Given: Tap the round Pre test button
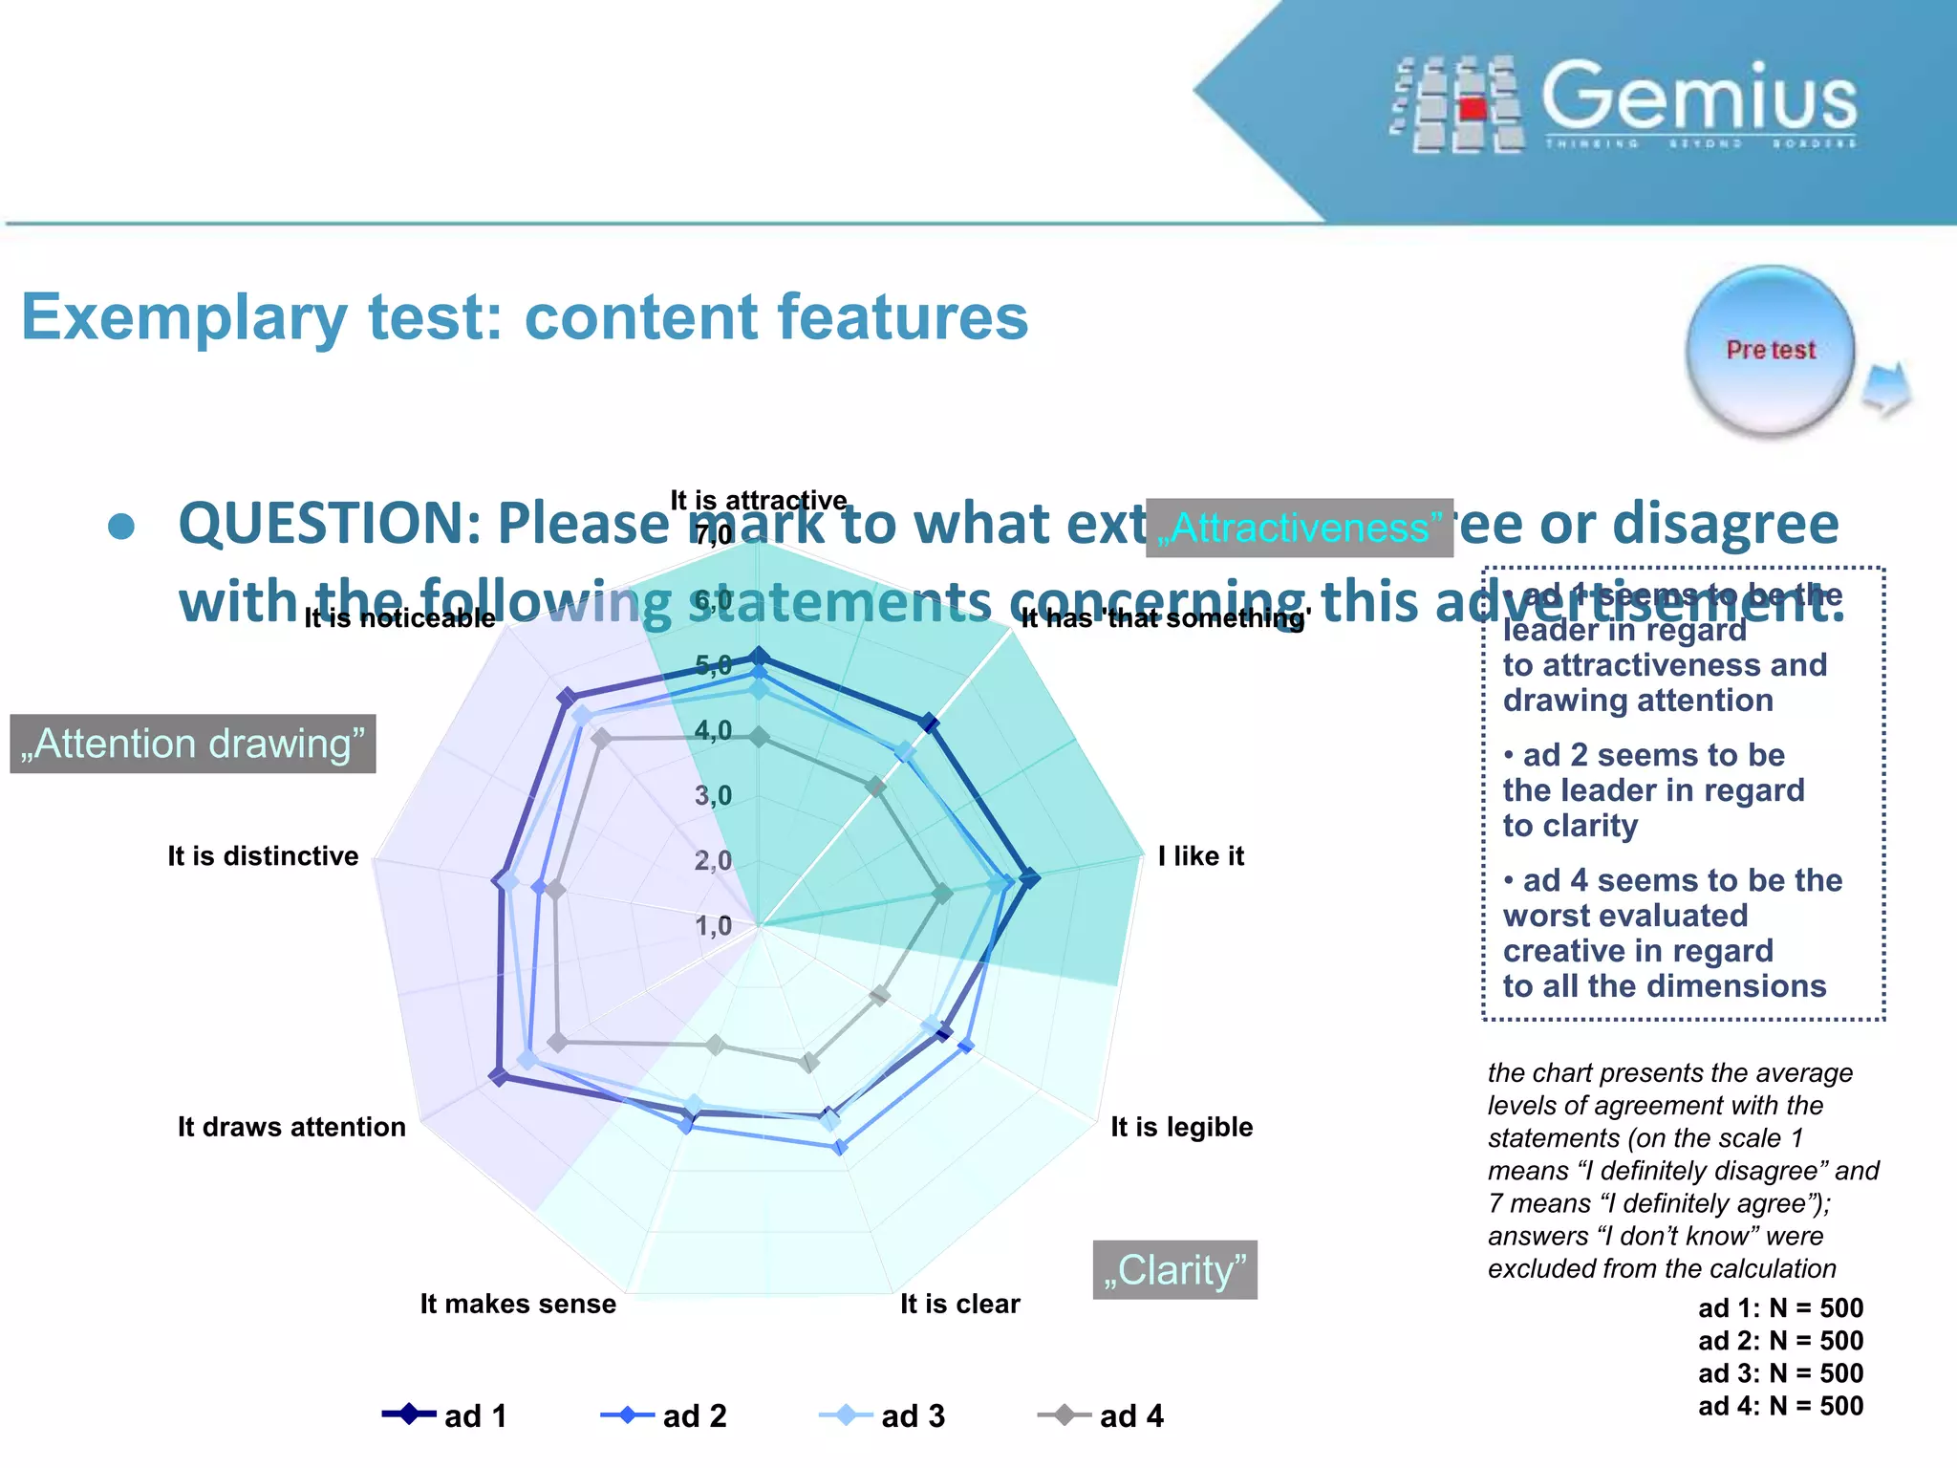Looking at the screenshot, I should pos(1770,351).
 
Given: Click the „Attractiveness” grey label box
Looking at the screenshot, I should pos(1299,528).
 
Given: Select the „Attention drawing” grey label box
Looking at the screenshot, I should pos(193,744).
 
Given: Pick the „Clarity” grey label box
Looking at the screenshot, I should pos(1174,1270).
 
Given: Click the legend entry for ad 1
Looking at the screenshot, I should pos(445,1415).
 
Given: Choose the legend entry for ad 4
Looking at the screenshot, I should pos(1102,1415).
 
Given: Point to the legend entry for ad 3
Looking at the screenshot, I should pos(883,1415).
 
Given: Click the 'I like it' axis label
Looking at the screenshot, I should pos(1200,855).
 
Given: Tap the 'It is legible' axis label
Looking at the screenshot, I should pos(1181,1127).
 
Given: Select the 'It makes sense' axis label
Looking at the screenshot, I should pos(518,1304).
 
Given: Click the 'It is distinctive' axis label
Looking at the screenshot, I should pos(263,855).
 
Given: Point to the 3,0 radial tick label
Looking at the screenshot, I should pos(713,795).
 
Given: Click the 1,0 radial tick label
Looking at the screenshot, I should pos(713,925).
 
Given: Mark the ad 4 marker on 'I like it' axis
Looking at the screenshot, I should pos(942,894).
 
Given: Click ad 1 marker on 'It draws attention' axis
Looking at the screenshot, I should pos(498,1077).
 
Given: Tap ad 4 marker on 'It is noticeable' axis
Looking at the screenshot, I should pos(601,738).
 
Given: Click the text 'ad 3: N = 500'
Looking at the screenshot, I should pos(1780,1373).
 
